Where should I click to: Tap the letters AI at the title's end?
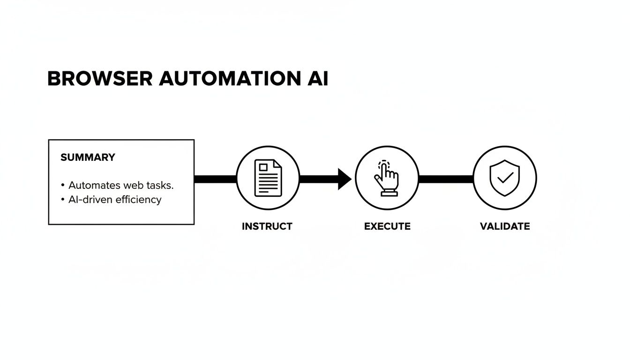317,79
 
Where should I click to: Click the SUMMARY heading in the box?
88,157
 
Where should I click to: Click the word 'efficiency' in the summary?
139,200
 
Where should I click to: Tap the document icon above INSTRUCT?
268,178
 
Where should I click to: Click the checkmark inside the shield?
505,178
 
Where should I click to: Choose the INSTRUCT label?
267,226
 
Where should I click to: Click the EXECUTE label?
387,226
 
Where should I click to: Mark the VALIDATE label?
505,226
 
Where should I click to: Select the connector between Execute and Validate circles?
445,179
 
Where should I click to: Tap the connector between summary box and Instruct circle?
215,179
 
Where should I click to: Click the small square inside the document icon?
263,167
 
